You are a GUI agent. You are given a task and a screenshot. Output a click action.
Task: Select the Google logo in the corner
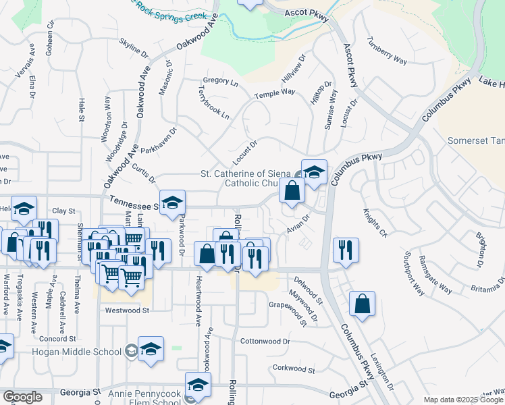tap(22, 397)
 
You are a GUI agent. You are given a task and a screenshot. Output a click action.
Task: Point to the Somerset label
tap(475, 140)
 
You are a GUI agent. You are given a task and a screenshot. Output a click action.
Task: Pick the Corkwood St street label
tap(290, 368)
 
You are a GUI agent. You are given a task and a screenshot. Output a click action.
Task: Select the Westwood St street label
tap(126, 310)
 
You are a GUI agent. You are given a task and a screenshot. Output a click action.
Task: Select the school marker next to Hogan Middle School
tap(151, 348)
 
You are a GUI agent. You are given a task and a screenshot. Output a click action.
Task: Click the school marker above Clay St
tap(24, 209)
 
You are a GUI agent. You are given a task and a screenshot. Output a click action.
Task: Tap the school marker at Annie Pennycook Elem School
tap(198, 385)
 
